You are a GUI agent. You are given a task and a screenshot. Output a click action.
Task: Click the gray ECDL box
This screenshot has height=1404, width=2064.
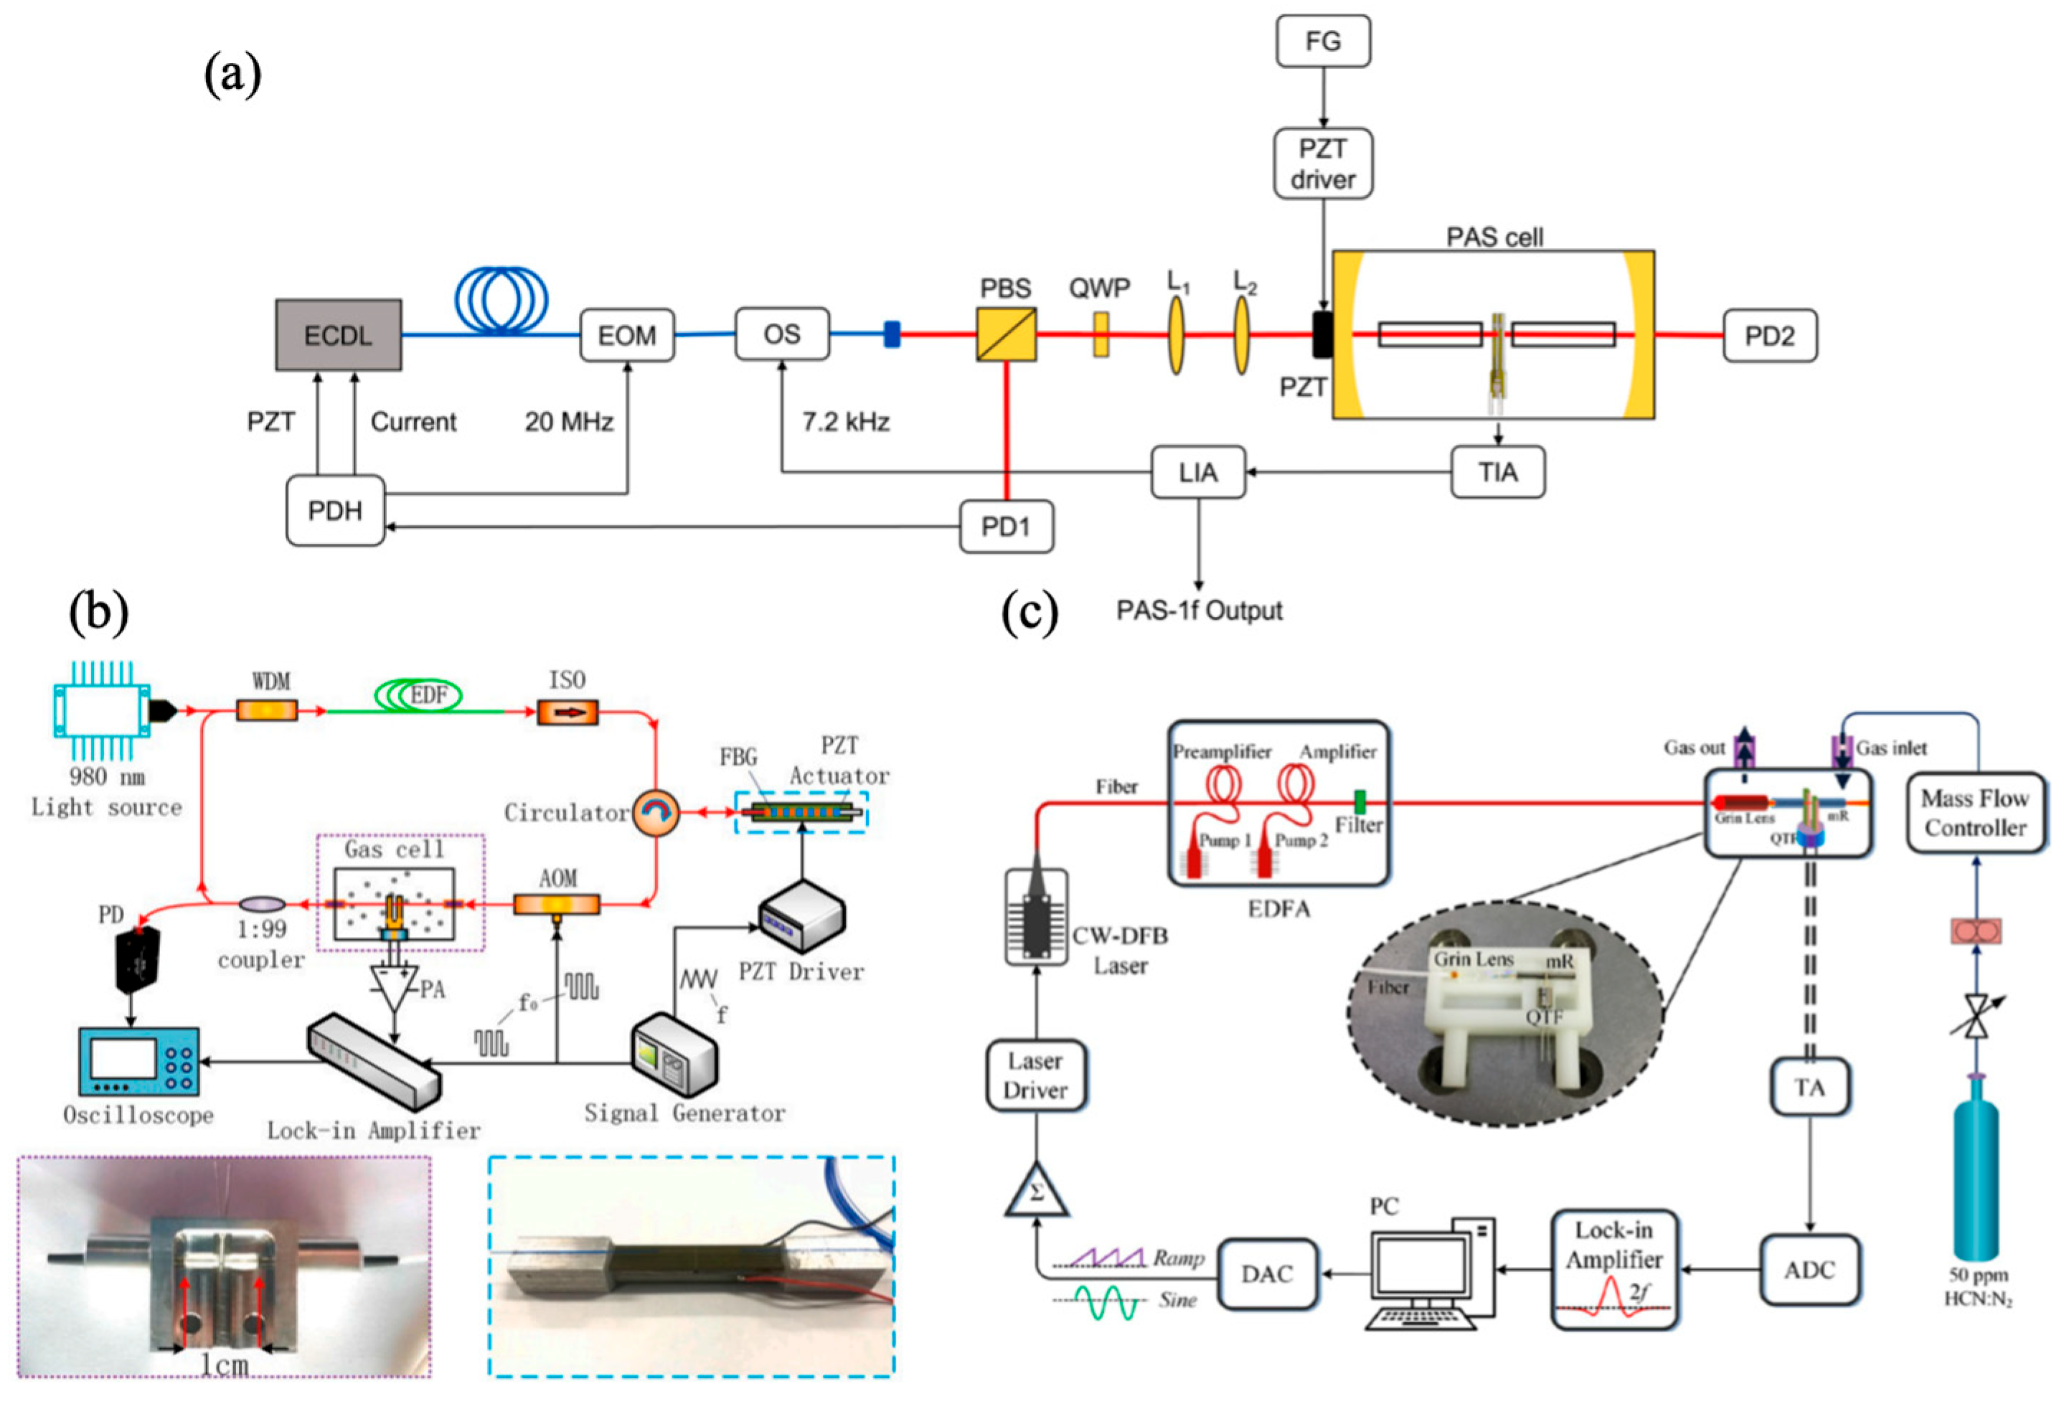pos(339,335)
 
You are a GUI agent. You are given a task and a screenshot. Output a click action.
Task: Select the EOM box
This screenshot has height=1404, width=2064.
pos(627,335)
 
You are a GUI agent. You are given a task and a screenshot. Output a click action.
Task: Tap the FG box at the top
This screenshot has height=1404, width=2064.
pos(1322,41)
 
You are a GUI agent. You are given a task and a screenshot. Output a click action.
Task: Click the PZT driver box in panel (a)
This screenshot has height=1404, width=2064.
pos(1322,164)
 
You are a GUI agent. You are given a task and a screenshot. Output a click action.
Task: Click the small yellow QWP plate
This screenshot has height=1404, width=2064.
pos(1101,334)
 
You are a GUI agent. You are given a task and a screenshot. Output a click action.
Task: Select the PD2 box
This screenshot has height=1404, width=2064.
pos(1769,336)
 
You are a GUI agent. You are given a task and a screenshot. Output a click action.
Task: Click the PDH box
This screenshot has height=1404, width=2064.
pos(335,511)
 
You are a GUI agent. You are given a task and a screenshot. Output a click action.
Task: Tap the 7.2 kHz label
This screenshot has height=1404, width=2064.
pos(846,422)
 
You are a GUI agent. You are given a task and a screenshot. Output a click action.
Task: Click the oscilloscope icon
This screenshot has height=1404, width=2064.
pos(138,1061)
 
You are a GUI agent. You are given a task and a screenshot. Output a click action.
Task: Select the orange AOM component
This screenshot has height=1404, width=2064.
pos(557,905)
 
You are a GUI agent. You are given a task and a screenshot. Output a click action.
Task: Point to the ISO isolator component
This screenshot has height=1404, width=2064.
pos(567,711)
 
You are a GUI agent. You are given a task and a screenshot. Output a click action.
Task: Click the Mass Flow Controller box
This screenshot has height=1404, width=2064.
pos(1975,813)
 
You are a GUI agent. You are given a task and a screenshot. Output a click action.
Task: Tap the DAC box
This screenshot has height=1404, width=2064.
pos(1266,1273)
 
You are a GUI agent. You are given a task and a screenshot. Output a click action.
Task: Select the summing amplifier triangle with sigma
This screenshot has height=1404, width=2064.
pos(1035,1190)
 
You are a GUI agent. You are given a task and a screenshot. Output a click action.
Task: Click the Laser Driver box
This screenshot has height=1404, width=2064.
pos(1035,1075)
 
